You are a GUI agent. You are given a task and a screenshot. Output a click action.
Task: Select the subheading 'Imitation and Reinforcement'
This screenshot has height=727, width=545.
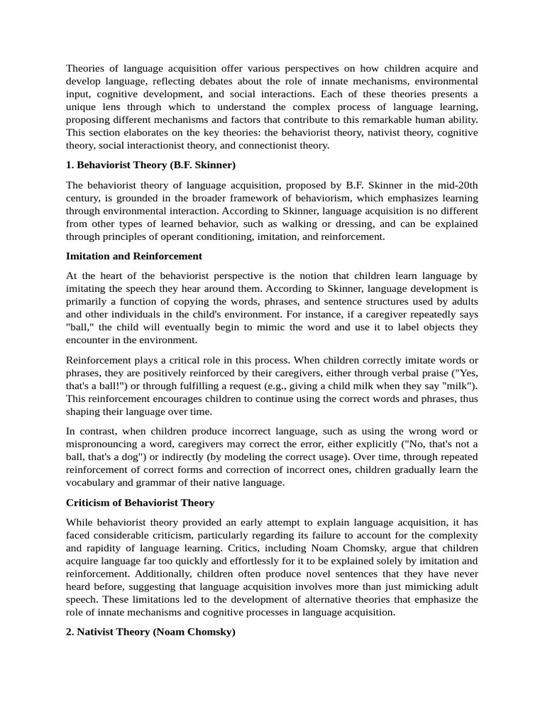[x=134, y=256]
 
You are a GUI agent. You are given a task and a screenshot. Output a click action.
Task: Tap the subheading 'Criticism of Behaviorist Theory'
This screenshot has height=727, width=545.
[x=140, y=503]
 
